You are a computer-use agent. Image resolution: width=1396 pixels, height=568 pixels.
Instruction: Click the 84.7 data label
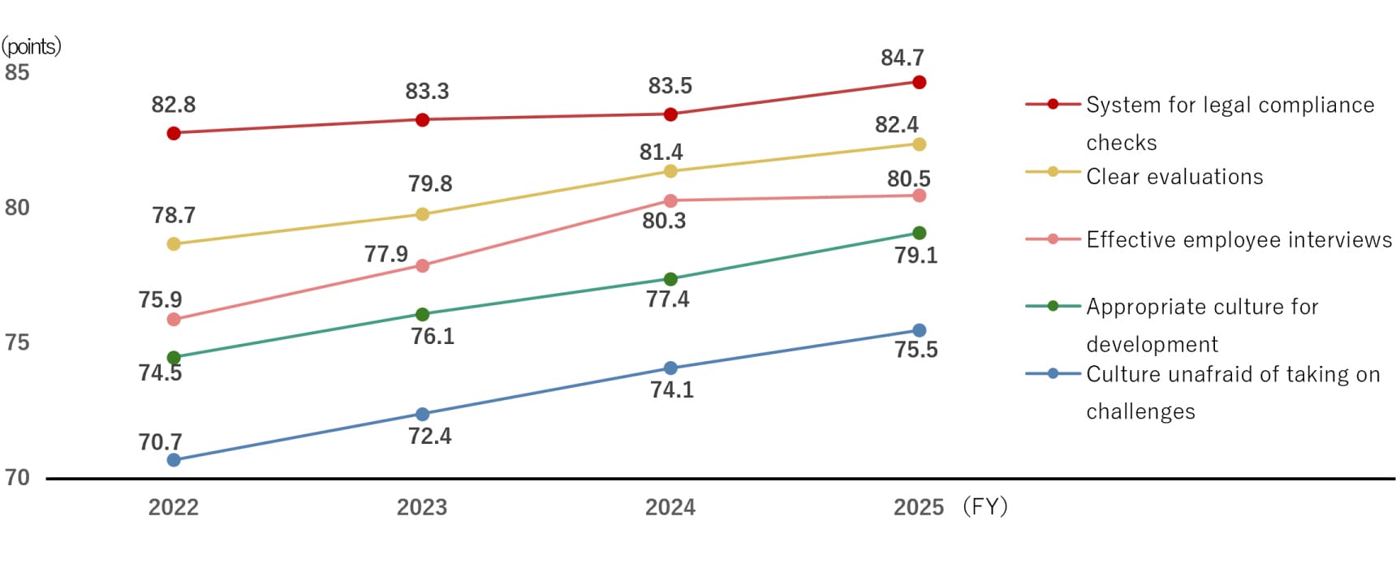902,58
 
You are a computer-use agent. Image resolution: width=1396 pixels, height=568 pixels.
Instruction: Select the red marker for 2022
174,133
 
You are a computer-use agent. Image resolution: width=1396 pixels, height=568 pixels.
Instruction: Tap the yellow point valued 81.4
670,171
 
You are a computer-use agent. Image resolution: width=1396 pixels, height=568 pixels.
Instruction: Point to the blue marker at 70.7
174,460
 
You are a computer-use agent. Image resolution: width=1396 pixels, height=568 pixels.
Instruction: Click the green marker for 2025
919,234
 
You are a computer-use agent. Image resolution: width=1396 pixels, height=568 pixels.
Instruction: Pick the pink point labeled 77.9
422,265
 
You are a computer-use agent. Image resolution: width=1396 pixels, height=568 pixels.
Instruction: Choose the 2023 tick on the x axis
422,507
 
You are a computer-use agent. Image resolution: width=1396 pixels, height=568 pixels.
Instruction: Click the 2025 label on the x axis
918,507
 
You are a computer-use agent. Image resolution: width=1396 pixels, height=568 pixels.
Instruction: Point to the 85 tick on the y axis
17,72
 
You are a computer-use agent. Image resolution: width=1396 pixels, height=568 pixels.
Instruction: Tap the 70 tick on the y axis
17,477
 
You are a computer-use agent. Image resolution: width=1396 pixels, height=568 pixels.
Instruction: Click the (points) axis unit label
31,46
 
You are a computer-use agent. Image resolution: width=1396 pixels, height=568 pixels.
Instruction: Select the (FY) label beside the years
985,507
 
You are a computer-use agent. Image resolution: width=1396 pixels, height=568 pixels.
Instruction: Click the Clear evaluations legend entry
1174,177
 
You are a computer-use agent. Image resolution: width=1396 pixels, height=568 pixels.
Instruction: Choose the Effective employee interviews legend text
1239,240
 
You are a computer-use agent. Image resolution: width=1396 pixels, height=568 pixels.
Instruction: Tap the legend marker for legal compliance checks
1053,104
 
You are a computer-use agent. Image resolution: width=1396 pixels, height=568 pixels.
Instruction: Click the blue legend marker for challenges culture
1053,374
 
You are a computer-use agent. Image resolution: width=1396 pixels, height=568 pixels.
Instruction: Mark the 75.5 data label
916,350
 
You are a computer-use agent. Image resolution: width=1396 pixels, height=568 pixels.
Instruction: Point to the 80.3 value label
664,221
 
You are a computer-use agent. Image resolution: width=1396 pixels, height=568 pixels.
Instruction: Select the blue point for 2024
670,368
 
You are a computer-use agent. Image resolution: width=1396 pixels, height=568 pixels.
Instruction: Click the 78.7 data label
174,215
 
